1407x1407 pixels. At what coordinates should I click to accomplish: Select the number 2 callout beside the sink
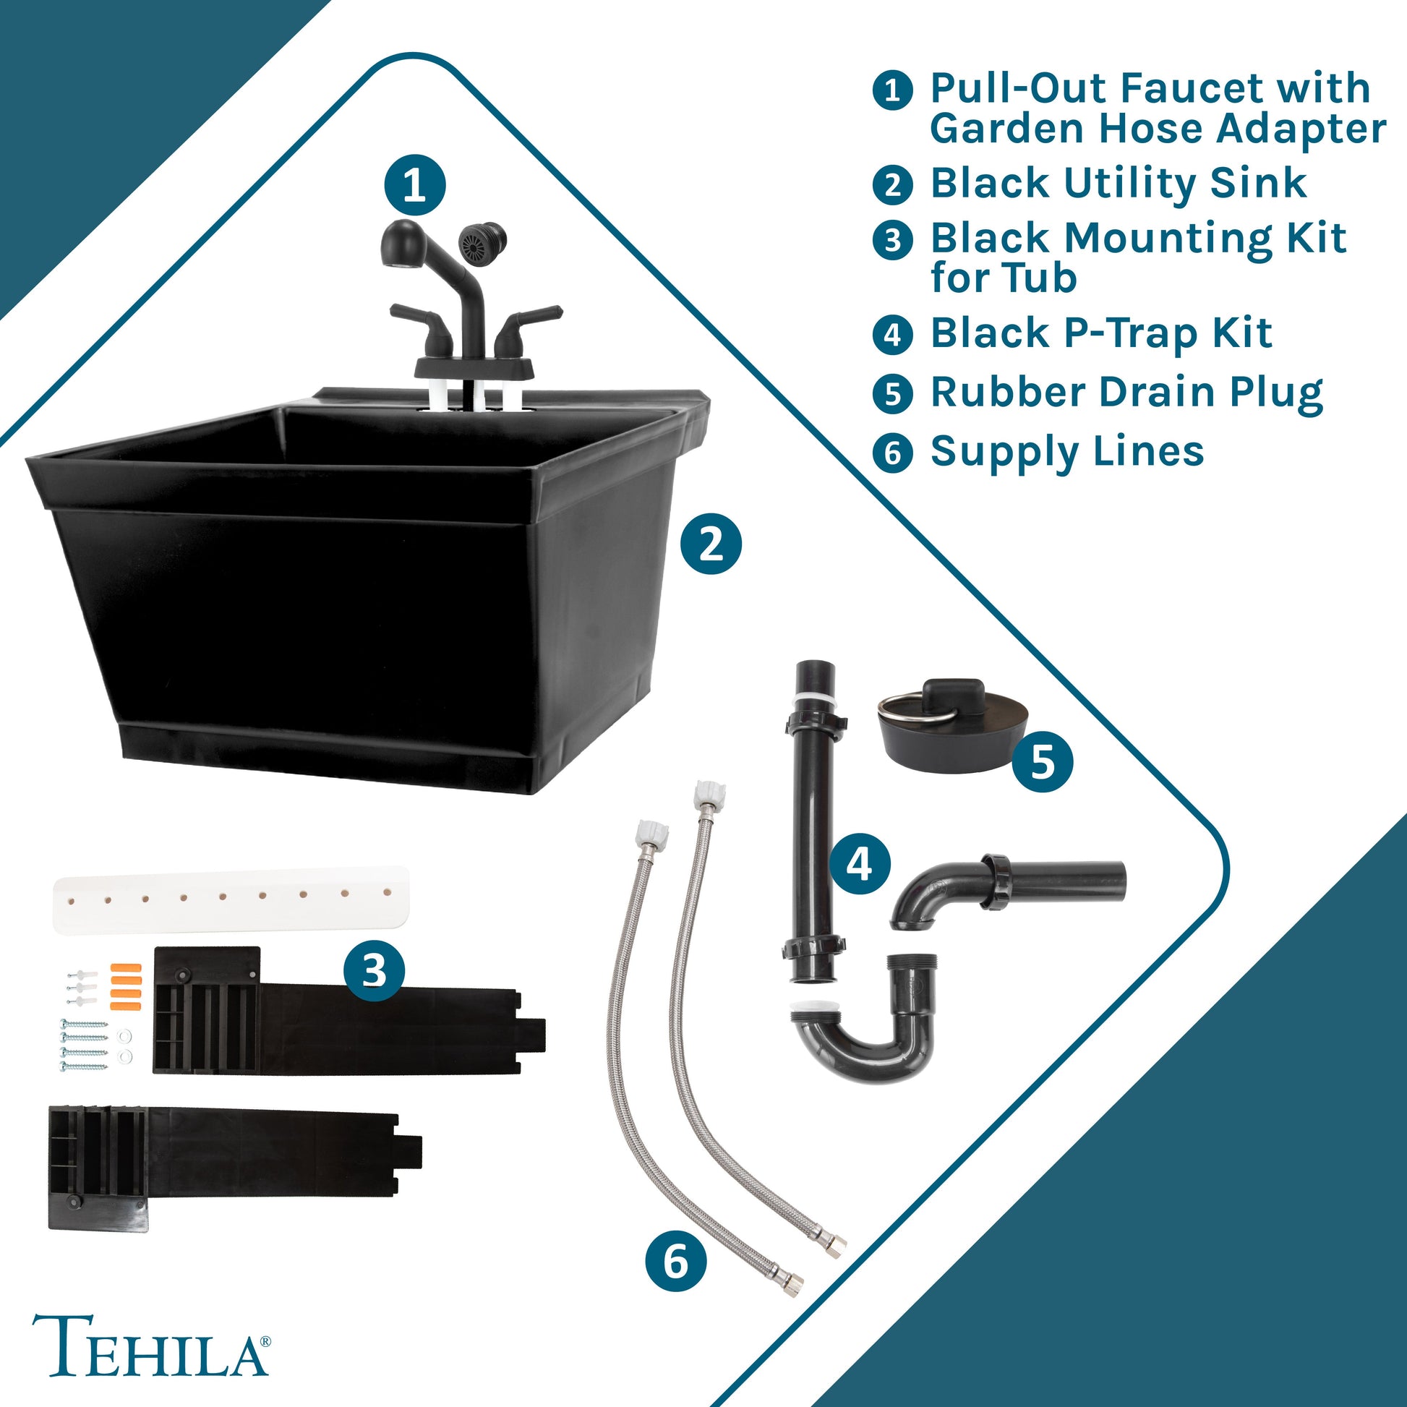tap(711, 543)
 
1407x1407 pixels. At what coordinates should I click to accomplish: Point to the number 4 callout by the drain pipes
tap(860, 865)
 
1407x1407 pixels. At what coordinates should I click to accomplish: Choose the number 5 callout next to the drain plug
tap(1042, 762)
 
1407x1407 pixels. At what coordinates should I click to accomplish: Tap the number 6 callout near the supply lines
tap(676, 1261)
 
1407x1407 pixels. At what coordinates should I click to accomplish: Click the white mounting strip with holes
tap(231, 899)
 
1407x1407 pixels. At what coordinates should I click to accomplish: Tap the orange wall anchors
tap(124, 986)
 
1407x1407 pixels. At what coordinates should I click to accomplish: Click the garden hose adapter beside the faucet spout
tap(483, 241)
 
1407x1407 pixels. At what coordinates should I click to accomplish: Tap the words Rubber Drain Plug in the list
tap(1126, 393)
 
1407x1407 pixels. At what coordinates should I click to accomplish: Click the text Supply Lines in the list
tap(1067, 451)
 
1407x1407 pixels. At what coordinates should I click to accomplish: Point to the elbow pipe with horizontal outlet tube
tap(1006, 890)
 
